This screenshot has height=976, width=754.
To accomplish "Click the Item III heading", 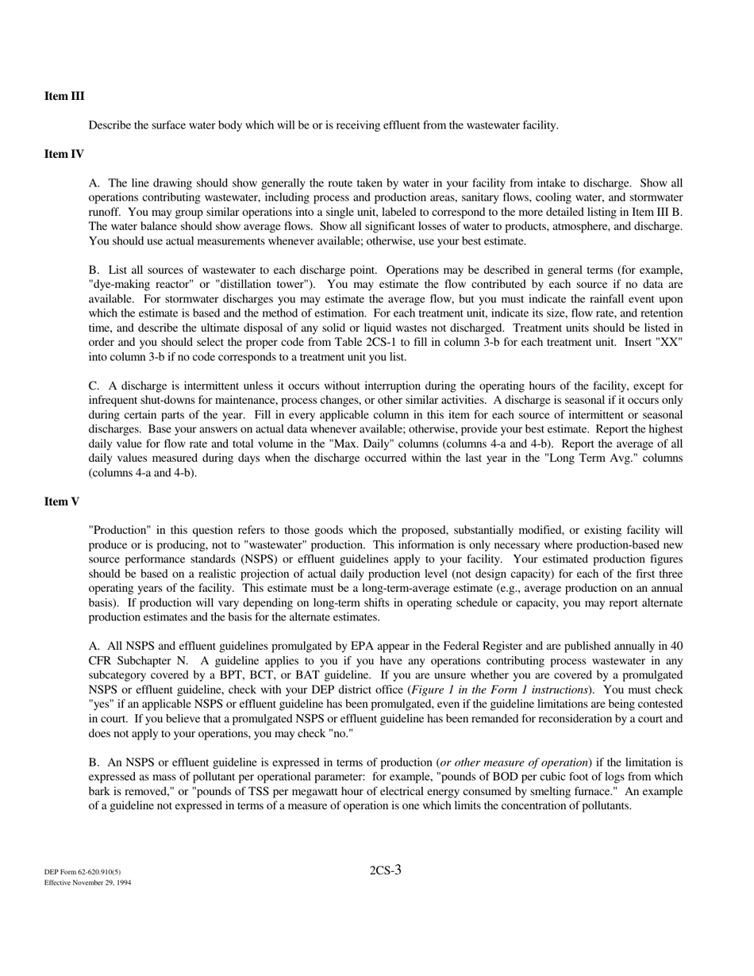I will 64,97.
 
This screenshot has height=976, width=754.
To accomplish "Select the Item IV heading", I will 64,154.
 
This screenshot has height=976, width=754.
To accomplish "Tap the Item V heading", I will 62,501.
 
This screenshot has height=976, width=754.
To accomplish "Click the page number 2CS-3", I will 385,870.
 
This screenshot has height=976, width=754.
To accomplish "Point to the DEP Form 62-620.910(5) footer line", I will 83,871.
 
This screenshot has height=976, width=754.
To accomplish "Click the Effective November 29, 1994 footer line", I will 87,882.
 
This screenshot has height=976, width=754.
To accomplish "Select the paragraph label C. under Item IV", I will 94,386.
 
